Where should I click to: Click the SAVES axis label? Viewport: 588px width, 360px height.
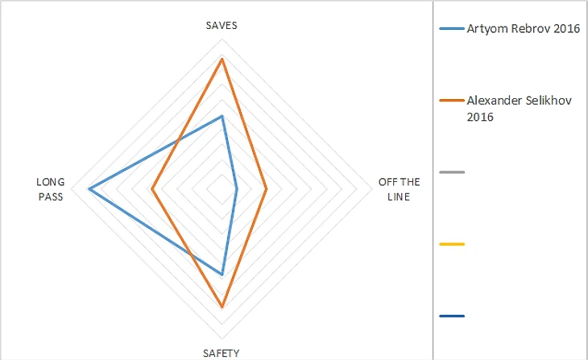[222, 26]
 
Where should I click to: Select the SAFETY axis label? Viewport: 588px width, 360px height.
[222, 352]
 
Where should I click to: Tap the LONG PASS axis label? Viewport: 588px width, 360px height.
[51, 189]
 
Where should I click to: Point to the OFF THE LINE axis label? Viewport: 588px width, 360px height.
[394, 189]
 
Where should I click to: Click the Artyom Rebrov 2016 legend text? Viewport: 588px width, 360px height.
[524, 29]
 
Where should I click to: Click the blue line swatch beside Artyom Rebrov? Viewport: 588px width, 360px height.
[452, 30]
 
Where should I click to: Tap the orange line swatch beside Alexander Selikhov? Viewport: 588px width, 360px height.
[452, 101]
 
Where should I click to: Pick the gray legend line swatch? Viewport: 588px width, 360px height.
[452, 172]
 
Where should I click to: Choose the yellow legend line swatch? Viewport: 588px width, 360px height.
[452, 244]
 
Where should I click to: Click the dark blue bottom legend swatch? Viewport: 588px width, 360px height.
[452, 316]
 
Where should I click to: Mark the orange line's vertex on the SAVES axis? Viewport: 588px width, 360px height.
[222, 59]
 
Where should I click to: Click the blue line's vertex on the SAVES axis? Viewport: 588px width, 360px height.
[222, 116]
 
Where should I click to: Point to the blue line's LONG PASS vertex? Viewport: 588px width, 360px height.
[89, 189]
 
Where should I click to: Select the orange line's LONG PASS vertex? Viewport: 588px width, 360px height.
[151, 189]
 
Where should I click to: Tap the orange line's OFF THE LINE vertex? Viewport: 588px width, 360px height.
[267, 189]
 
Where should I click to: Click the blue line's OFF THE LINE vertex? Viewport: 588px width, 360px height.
[237, 189]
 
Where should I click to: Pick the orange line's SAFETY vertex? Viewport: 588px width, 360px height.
[222, 307]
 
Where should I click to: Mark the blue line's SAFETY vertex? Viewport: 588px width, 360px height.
[222, 275]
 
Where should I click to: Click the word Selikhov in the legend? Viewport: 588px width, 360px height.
[549, 101]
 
